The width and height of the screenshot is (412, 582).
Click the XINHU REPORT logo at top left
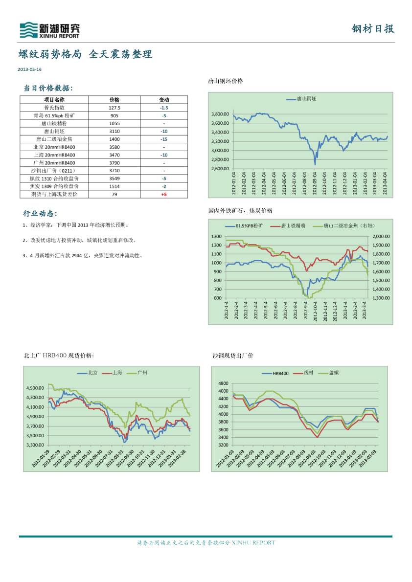coord(49,30)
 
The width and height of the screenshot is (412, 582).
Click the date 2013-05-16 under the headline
coord(29,69)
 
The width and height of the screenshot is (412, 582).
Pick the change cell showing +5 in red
coord(164,194)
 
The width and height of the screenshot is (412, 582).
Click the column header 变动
coord(164,99)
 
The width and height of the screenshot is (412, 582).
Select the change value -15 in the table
coord(164,139)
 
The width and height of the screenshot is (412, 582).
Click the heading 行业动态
coord(40,214)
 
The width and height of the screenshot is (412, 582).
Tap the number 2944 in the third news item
coord(78,255)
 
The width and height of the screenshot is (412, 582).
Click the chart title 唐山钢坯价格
coord(226,81)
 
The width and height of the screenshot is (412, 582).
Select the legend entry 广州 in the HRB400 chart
coord(142,373)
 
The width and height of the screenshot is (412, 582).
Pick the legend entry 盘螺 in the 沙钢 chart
coord(334,373)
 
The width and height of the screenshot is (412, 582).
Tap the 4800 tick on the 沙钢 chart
coord(223,383)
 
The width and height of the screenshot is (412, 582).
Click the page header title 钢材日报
coord(373,29)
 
